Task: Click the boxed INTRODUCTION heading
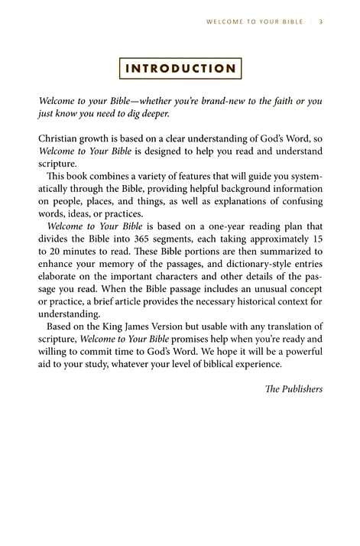tap(180, 68)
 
